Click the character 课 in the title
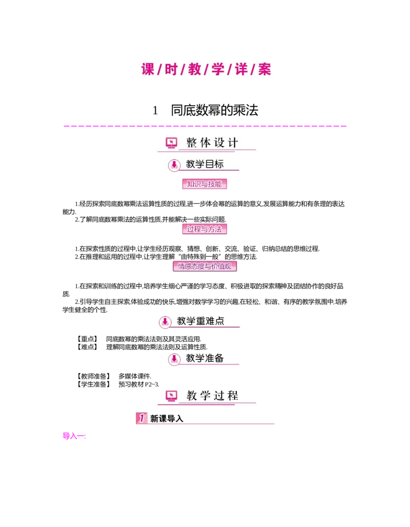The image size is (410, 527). pos(148,69)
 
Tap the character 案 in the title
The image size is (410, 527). pos(264,69)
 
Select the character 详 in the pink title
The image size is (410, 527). pos(241,69)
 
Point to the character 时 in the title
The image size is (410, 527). pos(171,69)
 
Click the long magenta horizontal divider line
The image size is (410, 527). pos(205,125)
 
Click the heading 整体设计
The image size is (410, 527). pos(212,143)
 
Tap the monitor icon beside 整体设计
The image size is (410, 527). pos(171,143)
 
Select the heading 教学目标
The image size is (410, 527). pos(205,165)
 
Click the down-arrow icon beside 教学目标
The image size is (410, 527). pos(174,165)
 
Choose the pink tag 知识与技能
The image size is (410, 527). pos(204,184)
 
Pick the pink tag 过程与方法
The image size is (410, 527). pos(204,229)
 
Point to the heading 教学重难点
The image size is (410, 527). pos(200,321)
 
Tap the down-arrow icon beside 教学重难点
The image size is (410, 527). pos(165,322)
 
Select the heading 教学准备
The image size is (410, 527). pos(205,358)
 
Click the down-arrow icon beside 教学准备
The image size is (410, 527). pos(174,359)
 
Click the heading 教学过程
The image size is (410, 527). pos(212,396)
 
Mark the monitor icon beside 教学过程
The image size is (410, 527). pos(171,396)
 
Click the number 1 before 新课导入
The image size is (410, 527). pos(141,418)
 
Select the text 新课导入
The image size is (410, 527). pos(167,419)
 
